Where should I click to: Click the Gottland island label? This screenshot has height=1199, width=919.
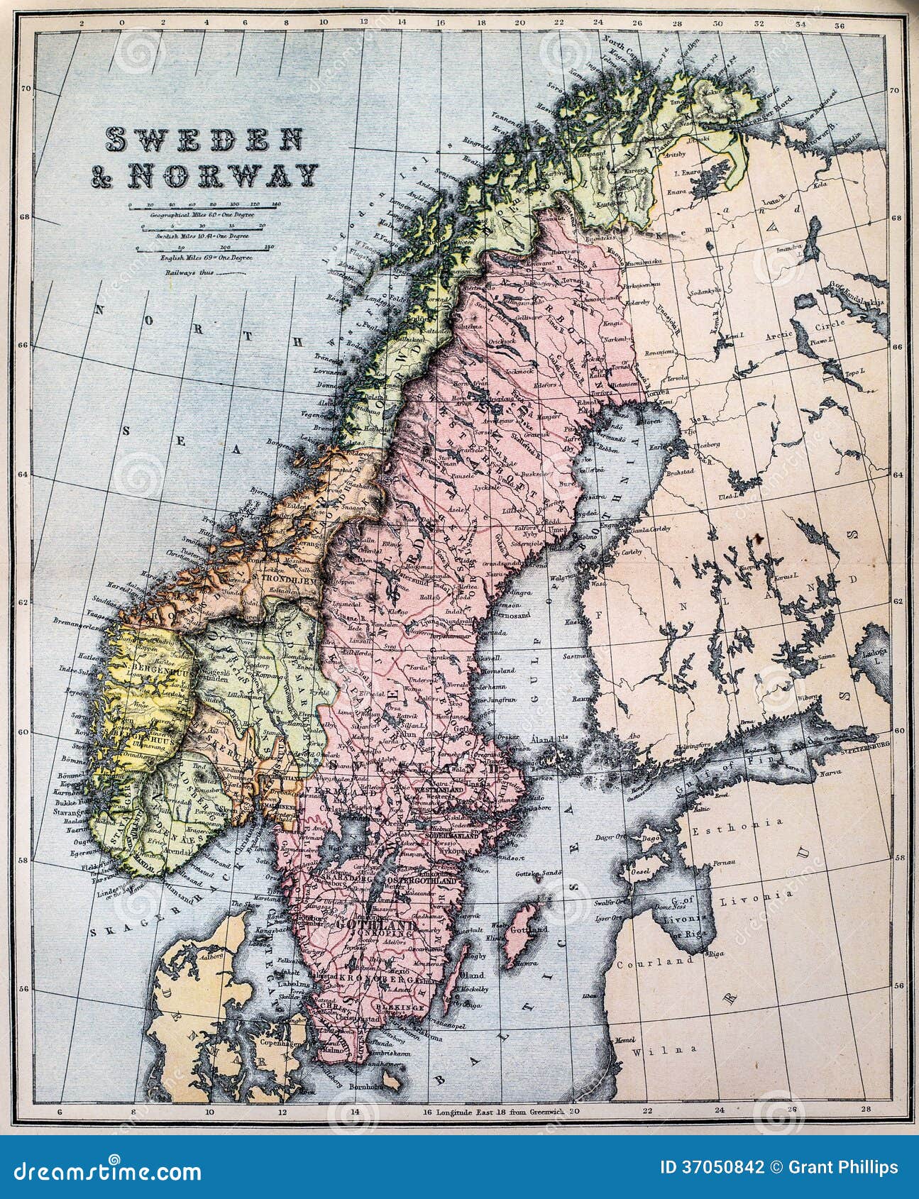click(530, 929)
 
